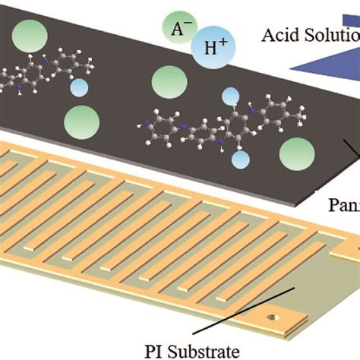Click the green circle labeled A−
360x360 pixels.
click(177, 31)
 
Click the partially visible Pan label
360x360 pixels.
click(343, 204)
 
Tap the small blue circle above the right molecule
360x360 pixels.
click(232, 96)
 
